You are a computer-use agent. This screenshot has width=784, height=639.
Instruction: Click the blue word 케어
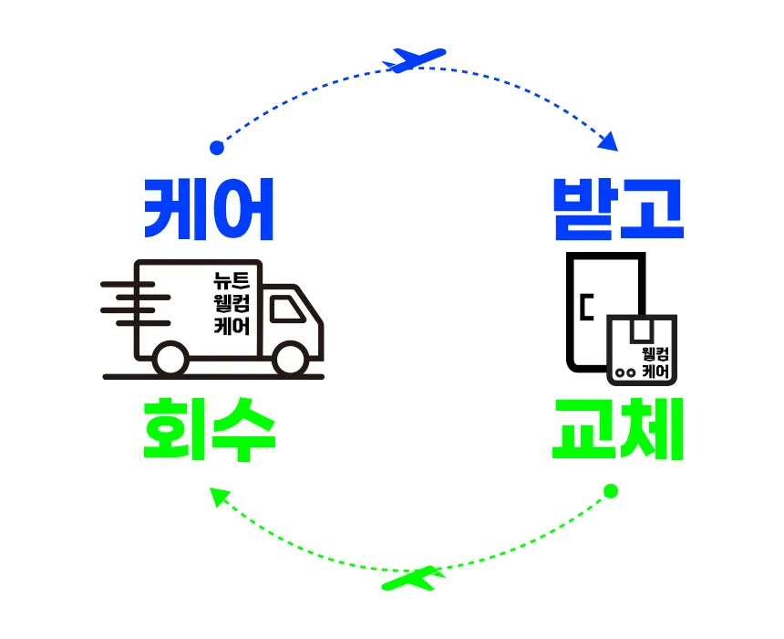point(209,209)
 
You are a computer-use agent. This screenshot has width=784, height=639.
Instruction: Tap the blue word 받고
point(618,209)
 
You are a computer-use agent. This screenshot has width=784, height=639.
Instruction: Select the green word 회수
point(209,429)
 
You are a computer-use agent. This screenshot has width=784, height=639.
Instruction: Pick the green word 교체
point(618,429)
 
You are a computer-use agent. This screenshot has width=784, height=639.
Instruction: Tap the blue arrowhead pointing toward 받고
point(608,141)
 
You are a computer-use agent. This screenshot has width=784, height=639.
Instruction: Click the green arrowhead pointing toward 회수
point(218,496)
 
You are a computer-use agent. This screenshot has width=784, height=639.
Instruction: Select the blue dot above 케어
point(216,147)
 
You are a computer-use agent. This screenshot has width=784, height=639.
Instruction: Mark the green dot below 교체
point(612,491)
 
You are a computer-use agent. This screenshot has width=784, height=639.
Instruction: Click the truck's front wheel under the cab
point(289,359)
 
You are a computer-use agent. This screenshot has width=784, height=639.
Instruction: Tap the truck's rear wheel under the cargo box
point(170,359)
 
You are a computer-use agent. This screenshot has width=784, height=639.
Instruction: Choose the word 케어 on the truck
point(231,326)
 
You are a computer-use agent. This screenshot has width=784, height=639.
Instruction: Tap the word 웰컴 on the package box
point(655,354)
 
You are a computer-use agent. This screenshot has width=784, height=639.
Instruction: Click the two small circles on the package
point(624,372)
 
